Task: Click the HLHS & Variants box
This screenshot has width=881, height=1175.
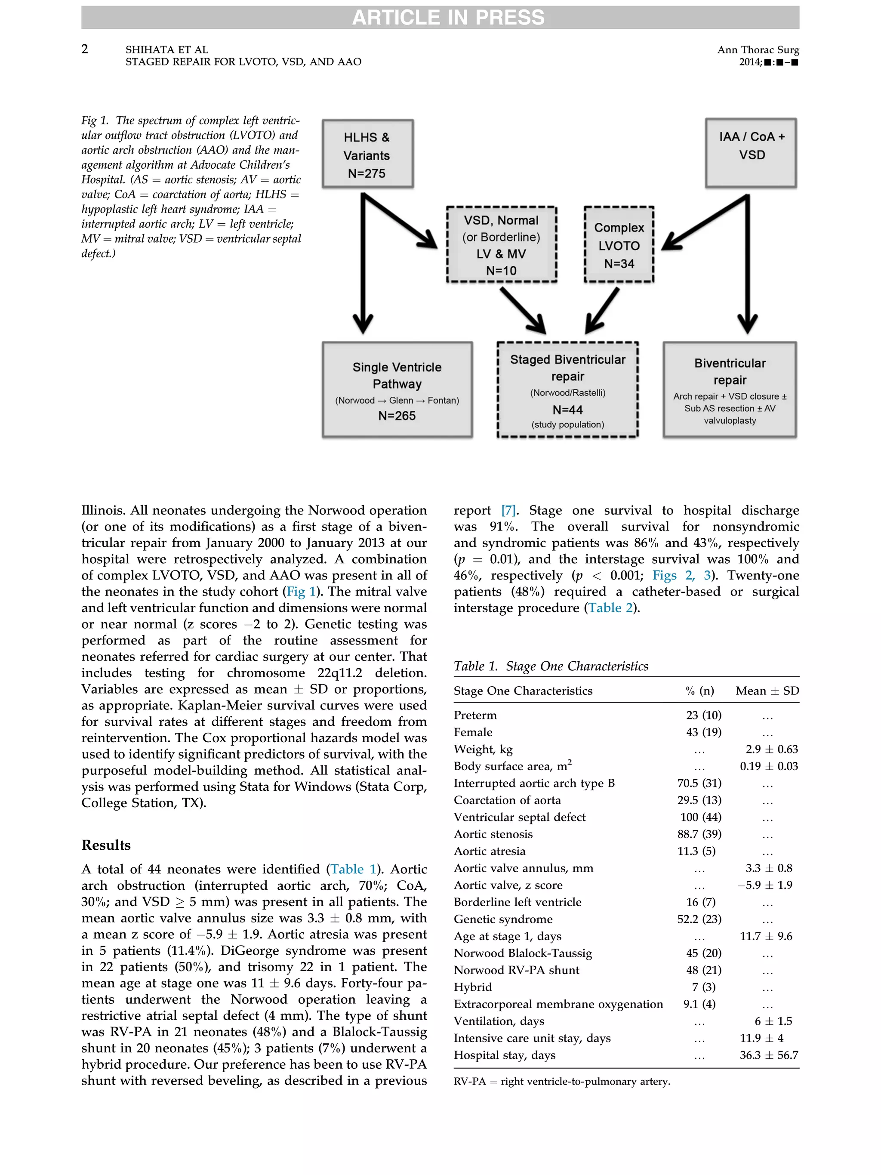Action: [x=367, y=154]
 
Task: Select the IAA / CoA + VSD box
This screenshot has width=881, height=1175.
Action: [x=751, y=153]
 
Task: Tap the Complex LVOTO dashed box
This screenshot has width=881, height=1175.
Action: [x=619, y=245]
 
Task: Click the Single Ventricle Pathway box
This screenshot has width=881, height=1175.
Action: [x=397, y=389]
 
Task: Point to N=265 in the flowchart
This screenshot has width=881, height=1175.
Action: [x=397, y=416]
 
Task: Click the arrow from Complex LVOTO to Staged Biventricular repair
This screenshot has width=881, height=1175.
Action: [x=603, y=310]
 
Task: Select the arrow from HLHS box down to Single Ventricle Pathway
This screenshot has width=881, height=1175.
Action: [x=363, y=265]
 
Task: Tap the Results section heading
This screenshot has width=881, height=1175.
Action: [x=106, y=845]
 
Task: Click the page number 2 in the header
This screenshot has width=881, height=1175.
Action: [x=85, y=49]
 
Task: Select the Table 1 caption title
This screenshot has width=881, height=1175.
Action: [x=551, y=666]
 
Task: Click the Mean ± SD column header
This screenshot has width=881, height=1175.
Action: [x=767, y=691]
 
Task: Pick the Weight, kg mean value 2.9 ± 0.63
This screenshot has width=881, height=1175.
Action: [x=771, y=749]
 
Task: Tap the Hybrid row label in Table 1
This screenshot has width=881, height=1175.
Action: [x=473, y=987]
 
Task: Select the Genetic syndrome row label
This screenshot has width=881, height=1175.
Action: [x=503, y=919]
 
